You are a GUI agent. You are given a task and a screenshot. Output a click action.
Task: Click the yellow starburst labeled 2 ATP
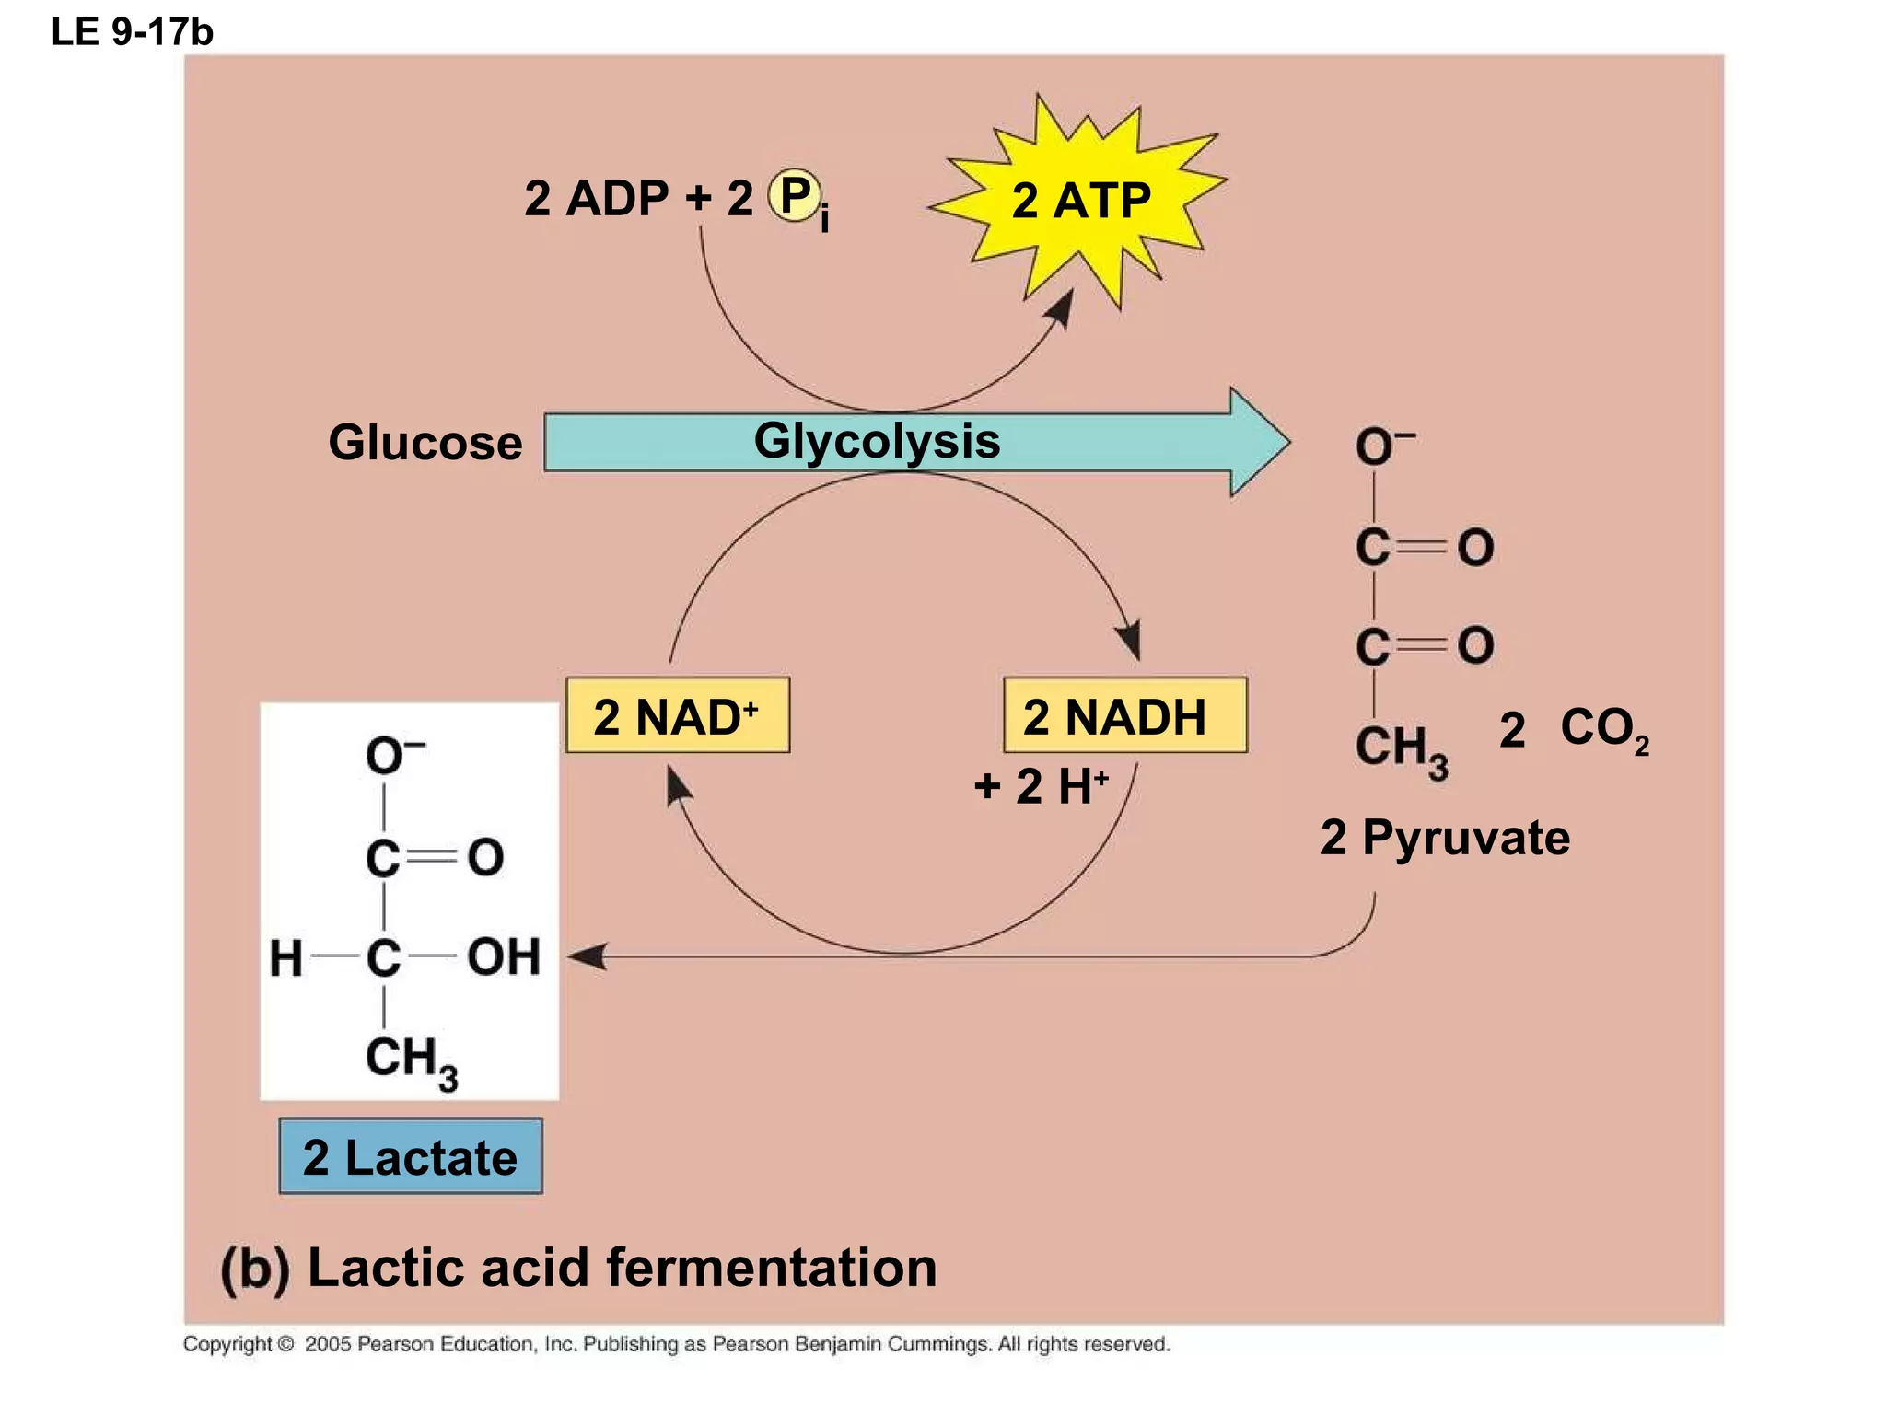click(1079, 201)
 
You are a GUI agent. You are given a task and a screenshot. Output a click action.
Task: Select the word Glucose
click(425, 443)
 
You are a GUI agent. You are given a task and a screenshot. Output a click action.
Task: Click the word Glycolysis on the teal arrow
click(876, 441)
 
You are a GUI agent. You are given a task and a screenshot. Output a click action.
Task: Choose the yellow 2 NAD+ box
click(677, 716)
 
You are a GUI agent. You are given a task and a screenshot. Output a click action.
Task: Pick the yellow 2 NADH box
click(1124, 716)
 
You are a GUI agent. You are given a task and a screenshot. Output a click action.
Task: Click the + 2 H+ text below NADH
click(1041, 786)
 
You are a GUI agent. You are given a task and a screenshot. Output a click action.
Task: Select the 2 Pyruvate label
click(1444, 838)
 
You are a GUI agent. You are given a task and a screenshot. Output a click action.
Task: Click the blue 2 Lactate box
click(411, 1156)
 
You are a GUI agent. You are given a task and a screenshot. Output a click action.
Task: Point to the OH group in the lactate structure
click(503, 956)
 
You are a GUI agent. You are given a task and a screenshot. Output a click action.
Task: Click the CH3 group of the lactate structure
click(410, 1060)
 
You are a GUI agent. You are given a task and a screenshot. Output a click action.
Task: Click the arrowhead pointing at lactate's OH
click(586, 956)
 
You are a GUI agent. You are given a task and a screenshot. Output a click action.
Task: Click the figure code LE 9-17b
click(132, 32)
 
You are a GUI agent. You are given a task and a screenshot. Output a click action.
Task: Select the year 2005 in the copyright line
click(328, 1344)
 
